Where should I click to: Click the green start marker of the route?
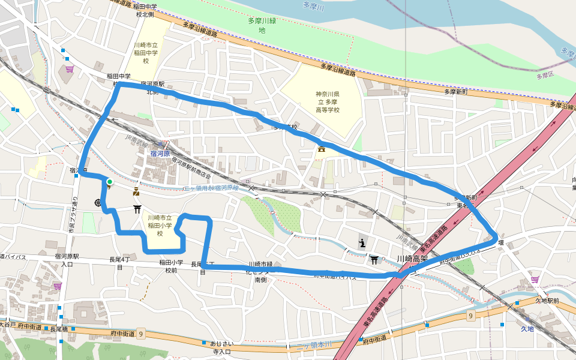click(x=109, y=181)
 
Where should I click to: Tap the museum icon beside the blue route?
click(x=322, y=149)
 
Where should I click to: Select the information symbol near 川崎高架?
click(x=362, y=242)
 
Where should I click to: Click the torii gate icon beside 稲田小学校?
click(x=137, y=209)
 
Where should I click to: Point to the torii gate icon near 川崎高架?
click(x=374, y=259)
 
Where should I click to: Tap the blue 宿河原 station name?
click(x=160, y=154)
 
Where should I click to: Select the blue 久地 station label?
click(x=527, y=329)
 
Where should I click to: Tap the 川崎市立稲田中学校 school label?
click(x=146, y=53)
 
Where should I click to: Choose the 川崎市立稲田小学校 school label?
click(x=160, y=225)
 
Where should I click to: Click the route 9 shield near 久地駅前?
click(x=472, y=315)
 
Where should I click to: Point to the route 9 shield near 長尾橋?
click(x=141, y=333)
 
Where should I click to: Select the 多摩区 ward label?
click(x=546, y=76)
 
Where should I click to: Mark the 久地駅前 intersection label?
click(x=547, y=301)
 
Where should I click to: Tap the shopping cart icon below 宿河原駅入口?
click(x=58, y=286)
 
